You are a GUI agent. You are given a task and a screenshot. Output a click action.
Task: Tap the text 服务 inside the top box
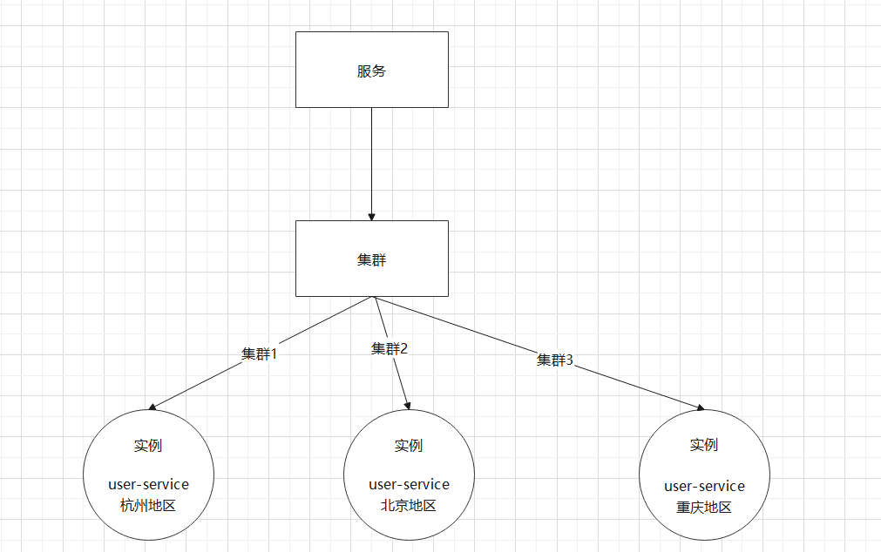tap(372, 71)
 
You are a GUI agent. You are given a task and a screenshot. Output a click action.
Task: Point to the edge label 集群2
tap(390, 348)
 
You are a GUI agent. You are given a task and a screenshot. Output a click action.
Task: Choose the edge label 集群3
tap(555, 360)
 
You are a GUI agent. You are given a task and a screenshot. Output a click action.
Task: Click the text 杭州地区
tap(148, 505)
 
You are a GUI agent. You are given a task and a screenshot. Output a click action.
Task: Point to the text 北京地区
tap(409, 505)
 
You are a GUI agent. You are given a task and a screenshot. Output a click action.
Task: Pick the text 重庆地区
tap(704, 508)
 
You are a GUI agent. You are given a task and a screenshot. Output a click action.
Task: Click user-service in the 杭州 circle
tap(148, 484)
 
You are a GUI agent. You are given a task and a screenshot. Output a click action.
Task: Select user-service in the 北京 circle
tap(409, 484)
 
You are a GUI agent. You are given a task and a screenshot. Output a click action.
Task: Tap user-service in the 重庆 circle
tap(704, 486)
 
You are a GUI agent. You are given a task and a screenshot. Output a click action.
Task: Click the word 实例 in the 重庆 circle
tap(704, 445)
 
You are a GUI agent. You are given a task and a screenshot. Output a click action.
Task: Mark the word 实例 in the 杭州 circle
tap(148, 446)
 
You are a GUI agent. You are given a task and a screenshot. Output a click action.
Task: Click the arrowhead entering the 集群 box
tap(372, 216)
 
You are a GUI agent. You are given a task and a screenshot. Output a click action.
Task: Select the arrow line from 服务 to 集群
tap(372, 161)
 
